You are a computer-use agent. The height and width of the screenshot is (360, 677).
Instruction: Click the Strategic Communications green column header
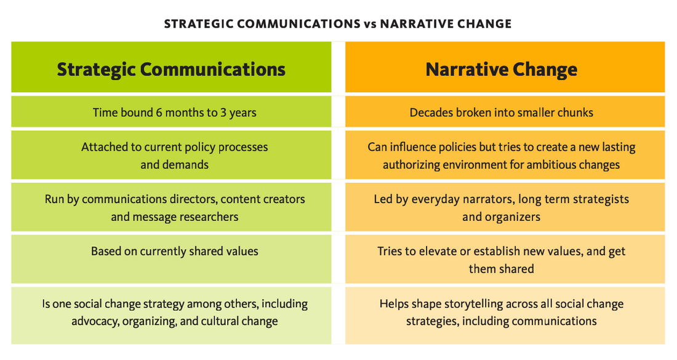coord(171,67)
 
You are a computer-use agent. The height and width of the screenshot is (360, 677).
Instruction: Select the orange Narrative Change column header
coord(505,67)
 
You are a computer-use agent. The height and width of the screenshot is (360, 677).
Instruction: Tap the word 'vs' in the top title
coord(370,24)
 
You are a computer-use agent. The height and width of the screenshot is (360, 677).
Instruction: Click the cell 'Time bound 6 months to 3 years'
coord(171,111)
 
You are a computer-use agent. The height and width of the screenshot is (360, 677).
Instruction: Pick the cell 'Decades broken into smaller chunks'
coord(505,111)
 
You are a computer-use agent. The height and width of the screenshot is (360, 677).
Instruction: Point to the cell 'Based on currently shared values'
coord(171,259)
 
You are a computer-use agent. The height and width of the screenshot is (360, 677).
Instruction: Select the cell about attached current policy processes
coord(171,155)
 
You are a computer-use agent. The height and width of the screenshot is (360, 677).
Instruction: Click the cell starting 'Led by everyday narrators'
coord(505,207)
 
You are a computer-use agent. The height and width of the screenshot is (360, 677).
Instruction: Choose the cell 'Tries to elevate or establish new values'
coord(505,259)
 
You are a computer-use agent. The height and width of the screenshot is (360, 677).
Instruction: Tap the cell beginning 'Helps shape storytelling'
coord(505,315)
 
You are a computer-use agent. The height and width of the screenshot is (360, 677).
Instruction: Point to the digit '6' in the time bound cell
coord(159,113)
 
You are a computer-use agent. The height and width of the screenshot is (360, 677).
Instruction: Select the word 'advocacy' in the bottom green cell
coord(95,322)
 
